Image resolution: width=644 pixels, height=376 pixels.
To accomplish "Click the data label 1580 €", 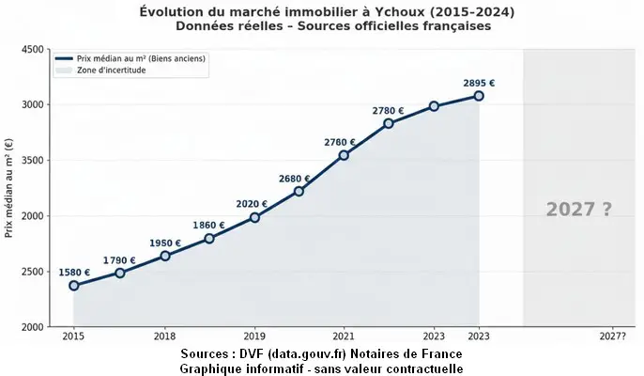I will click(74, 273).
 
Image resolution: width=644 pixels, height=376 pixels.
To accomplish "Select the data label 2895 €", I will click(479, 83).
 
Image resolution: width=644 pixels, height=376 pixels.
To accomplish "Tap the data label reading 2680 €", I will click(294, 179).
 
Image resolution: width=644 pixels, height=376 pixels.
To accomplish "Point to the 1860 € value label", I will click(209, 226).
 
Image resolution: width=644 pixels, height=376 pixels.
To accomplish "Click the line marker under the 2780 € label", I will click(389, 123).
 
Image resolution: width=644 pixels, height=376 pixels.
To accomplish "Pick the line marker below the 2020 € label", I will click(254, 217).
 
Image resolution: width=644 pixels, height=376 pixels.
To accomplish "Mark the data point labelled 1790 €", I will click(120, 273).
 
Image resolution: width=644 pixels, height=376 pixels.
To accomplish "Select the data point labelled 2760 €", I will click(344, 154).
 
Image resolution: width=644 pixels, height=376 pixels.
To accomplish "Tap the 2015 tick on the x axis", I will click(74, 336).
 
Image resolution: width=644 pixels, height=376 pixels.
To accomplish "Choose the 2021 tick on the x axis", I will click(344, 336).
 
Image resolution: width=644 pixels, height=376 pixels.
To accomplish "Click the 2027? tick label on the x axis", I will click(612, 336).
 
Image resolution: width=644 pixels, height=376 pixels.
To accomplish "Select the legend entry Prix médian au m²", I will click(141, 58).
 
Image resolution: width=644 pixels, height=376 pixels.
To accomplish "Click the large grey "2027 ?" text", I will click(578, 210).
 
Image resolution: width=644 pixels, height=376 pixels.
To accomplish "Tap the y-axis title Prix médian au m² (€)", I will click(9, 188).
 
